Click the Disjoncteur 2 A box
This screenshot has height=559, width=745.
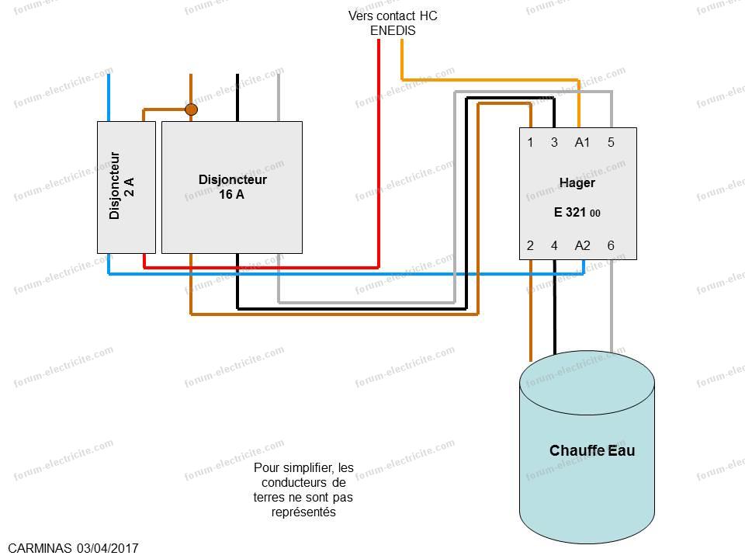(126, 187)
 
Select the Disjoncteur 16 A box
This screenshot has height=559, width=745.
(232, 187)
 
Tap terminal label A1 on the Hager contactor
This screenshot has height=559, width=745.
(582, 142)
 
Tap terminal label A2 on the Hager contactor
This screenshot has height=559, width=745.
(582, 245)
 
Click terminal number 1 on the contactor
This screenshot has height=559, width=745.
(530, 142)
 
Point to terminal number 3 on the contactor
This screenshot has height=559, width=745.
(554, 142)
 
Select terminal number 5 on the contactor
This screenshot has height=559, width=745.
(611, 142)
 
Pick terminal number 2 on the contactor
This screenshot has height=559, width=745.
(530, 245)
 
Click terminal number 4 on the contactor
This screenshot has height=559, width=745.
(554, 245)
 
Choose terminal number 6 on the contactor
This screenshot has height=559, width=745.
(611, 245)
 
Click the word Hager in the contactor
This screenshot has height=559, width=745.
(577, 183)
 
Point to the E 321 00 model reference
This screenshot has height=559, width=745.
(577, 212)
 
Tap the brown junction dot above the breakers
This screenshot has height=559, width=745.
(191, 109)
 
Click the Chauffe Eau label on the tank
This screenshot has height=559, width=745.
(592, 450)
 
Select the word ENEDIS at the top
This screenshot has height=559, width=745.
(393, 30)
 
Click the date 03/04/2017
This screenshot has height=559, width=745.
(108, 548)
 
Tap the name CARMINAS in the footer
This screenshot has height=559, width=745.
(40, 548)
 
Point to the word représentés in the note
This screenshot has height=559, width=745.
(303, 512)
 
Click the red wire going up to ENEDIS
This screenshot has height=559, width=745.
(379, 154)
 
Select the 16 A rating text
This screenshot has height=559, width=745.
(231, 194)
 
